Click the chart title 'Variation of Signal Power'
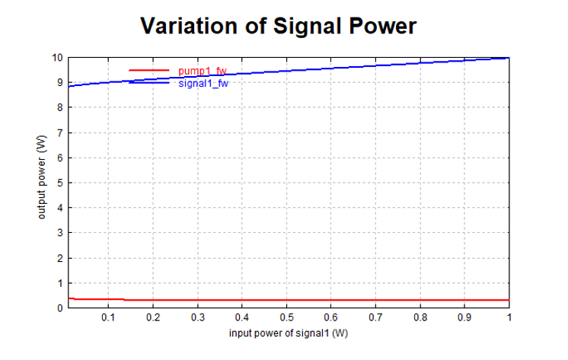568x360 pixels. tap(279, 27)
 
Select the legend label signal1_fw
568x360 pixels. tap(203, 83)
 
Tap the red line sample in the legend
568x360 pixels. tap(148, 70)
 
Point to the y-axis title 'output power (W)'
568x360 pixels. tap(43, 183)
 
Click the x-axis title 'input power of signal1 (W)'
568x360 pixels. tap(289, 333)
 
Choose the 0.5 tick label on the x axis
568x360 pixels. tap(286, 317)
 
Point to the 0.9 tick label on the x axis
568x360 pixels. tap(464, 317)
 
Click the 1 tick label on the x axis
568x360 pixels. tap(509, 317)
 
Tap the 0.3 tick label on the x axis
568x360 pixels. tap(197, 317)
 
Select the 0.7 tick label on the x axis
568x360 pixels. tap(375, 317)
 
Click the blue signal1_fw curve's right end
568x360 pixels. tap(508, 58)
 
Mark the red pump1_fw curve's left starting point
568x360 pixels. tap(69, 298)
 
